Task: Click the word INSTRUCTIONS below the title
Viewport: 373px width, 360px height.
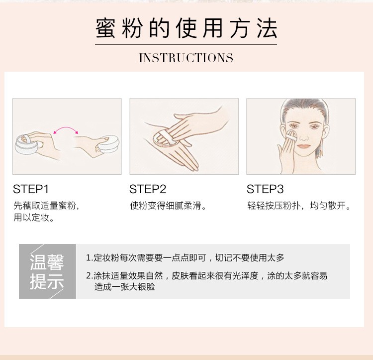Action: (x=186, y=58)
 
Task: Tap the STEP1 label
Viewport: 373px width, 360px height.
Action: (x=31, y=189)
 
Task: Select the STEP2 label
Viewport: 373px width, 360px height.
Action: (x=148, y=189)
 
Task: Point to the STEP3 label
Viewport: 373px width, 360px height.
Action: (x=265, y=189)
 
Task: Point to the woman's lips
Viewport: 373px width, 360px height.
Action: (x=303, y=146)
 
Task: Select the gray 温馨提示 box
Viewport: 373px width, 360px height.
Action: (x=47, y=271)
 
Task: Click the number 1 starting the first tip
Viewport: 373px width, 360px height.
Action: (x=88, y=258)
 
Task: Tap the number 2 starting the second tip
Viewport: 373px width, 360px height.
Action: (x=88, y=276)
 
